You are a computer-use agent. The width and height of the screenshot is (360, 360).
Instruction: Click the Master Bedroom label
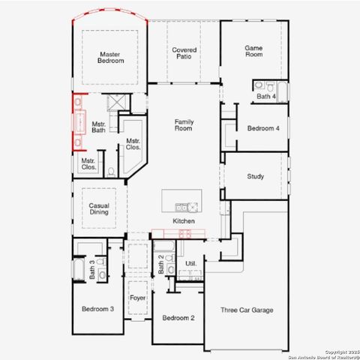[x=111, y=57]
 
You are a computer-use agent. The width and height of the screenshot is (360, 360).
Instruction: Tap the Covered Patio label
[x=184, y=53]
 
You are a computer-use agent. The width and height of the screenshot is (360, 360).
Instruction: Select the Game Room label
[x=253, y=51]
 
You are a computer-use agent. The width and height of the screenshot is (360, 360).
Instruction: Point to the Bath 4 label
[x=266, y=97]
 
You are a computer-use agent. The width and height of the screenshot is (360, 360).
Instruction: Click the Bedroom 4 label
[x=263, y=128]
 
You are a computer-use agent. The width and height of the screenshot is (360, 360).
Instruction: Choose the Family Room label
[x=184, y=124]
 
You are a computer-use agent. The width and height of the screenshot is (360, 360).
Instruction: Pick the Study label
[x=255, y=177]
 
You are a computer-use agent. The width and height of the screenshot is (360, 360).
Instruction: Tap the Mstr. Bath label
[x=99, y=127]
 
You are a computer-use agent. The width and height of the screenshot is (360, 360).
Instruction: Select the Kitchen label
[x=184, y=221]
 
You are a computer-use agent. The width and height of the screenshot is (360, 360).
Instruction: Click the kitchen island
[x=182, y=201]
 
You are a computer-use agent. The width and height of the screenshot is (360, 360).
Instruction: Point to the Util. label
[x=190, y=263]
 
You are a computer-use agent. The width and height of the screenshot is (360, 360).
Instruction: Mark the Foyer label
[x=137, y=298]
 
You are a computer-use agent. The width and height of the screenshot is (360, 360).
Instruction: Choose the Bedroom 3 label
[x=97, y=309]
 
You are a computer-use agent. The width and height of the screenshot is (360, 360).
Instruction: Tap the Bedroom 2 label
[x=178, y=318]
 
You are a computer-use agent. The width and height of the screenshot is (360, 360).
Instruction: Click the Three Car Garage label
[x=246, y=310]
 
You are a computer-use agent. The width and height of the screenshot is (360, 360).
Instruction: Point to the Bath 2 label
[x=160, y=264]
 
